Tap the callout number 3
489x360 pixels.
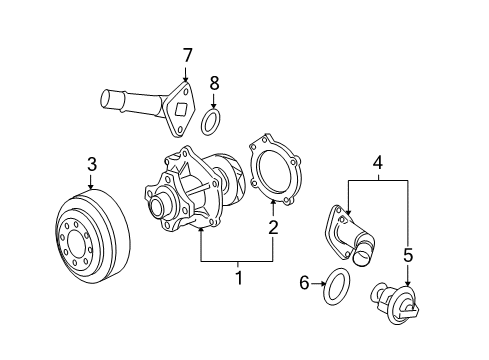(91, 163)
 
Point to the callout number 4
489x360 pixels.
(377, 159)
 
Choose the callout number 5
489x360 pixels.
(407, 255)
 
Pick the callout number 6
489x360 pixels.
(305, 284)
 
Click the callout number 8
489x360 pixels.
(211, 83)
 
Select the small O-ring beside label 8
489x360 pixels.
(211, 123)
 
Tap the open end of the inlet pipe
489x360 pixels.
(103, 99)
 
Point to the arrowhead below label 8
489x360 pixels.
(211, 106)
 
